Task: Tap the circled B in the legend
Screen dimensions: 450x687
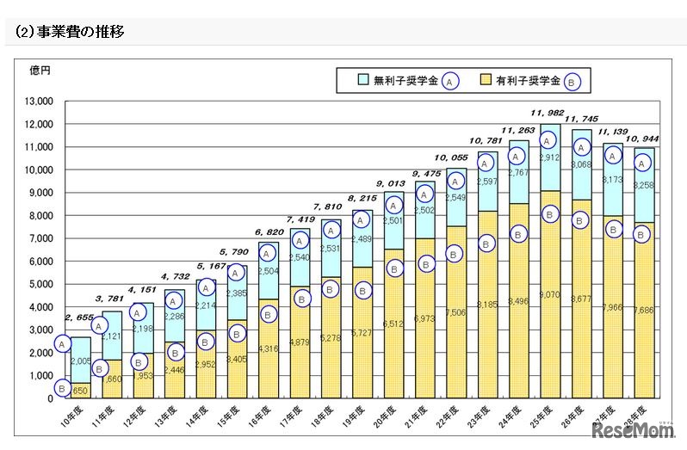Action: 574,81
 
